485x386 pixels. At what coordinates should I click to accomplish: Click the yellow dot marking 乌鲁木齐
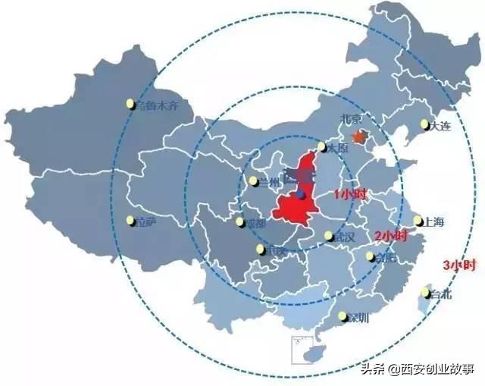tap(130, 104)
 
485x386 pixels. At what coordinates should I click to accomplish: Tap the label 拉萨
tap(144, 221)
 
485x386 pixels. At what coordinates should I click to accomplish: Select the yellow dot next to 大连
tap(424, 124)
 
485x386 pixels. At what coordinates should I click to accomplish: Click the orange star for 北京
tap(360, 137)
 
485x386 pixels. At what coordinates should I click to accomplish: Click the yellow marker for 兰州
tap(253, 181)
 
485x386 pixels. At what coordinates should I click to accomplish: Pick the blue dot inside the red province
tap(302, 195)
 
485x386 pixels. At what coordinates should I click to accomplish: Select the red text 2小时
tap(391, 236)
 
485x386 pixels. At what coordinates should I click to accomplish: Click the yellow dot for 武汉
tap(329, 236)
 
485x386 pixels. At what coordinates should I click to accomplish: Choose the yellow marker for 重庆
tap(261, 249)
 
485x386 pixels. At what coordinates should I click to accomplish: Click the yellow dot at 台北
tap(426, 294)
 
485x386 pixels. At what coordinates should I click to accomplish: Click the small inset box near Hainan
tap(302, 351)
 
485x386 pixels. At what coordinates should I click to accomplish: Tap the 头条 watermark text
tap(371, 370)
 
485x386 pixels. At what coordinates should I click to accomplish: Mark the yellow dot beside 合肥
tap(371, 256)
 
